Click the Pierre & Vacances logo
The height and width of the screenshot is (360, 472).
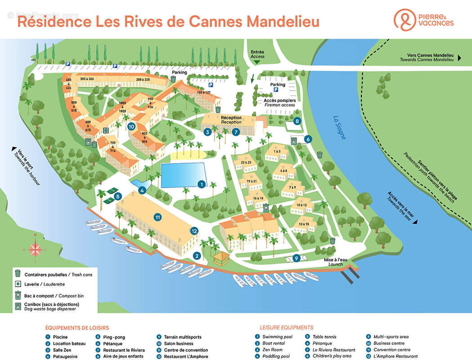(423, 20)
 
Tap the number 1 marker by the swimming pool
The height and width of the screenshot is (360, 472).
(202, 184)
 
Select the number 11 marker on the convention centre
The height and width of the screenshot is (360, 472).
(157, 217)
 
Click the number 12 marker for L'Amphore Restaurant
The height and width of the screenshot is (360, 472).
(194, 231)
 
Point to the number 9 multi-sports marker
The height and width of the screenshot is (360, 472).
(296, 258)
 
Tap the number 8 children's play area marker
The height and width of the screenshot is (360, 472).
(297, 121)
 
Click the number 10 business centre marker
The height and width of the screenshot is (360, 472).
(131, 126)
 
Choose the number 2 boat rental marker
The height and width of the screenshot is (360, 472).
(196, 256)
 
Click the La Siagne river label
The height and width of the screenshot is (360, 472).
(339, 128)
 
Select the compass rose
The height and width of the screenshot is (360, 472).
(35, 249)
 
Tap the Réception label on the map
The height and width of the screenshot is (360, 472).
(231, 120)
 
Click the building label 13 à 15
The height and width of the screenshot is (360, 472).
(303, 224)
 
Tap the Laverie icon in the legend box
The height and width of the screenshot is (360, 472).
(18, 284)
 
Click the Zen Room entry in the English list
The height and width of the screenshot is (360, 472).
(272, 350)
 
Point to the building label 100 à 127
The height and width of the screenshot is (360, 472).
(203, 93)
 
